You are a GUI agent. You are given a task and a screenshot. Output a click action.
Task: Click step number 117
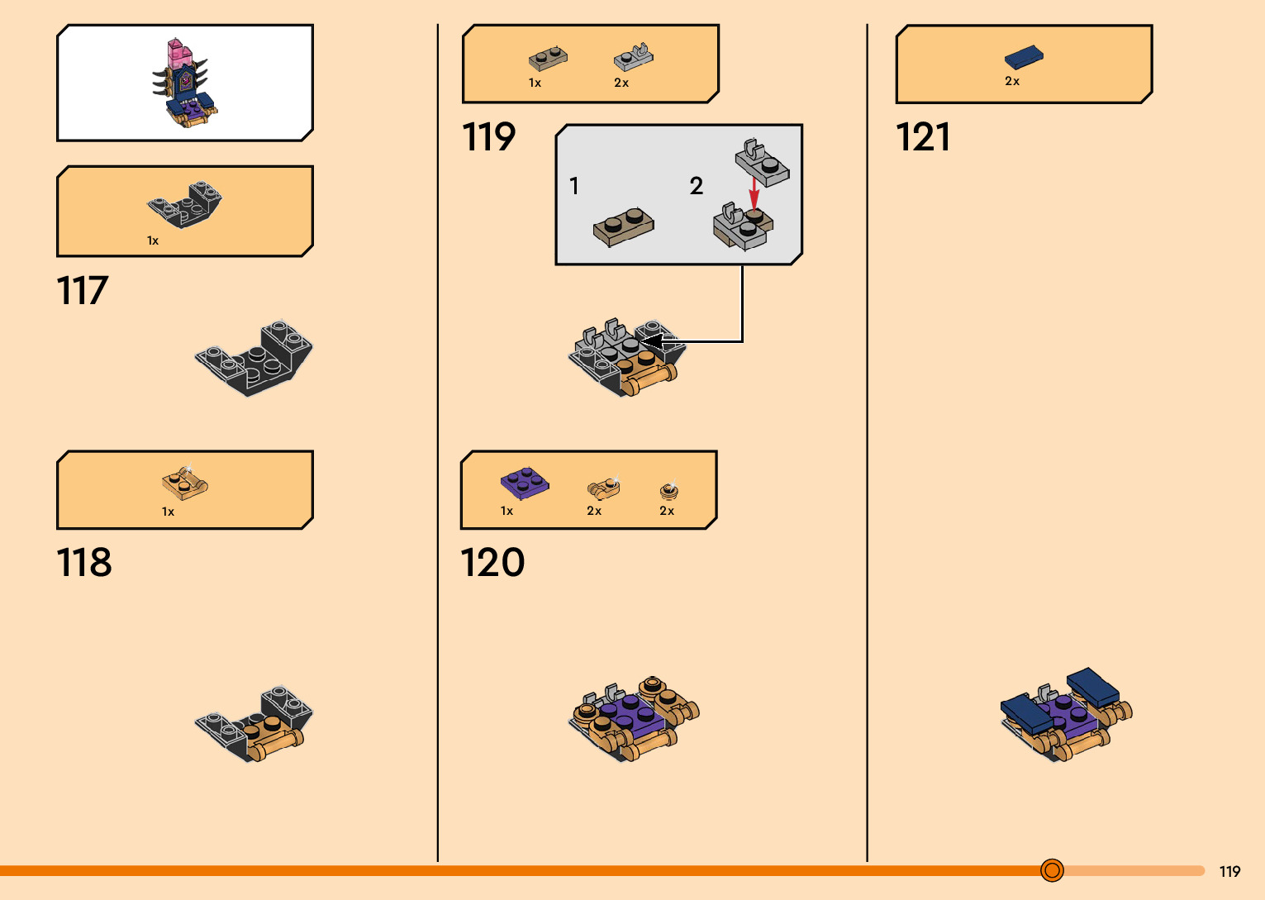[x=83, y=291]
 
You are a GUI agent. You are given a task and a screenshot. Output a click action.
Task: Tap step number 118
[x=84, y=563]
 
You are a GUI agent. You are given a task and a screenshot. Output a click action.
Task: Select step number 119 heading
[x=489, y=137]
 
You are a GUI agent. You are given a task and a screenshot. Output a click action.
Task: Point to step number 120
[x=492, y=563]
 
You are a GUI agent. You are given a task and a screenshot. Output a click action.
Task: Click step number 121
[x=923, y=137]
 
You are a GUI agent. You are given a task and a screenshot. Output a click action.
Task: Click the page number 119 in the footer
[x=1229, y=871]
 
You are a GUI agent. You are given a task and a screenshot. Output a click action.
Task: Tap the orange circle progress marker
[x=1052, y=870]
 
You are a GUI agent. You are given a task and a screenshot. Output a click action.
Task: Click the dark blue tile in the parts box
[x=1024, y=57]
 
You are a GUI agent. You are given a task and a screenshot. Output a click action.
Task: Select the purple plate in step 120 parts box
[x=524, y=483]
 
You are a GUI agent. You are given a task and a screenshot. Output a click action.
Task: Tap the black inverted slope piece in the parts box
[x=185, y=204]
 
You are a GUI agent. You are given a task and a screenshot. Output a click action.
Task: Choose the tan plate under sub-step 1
[x=624, y=226]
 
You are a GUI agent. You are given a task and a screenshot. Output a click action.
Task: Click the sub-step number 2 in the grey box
[x=697, y=186]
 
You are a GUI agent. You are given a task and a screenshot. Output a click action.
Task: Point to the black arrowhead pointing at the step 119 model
[x=653, y=340]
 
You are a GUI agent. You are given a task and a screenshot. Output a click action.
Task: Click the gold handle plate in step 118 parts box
[x=184, y=482]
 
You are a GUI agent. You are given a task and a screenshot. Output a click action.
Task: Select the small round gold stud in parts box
[x=669, y=490]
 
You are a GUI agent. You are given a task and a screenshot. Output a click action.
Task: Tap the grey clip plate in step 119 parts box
[x=634, y=58]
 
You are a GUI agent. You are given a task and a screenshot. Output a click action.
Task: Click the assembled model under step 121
[x=1065, y=715]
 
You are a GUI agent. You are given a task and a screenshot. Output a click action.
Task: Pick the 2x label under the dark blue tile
[x=1012, y=81]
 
